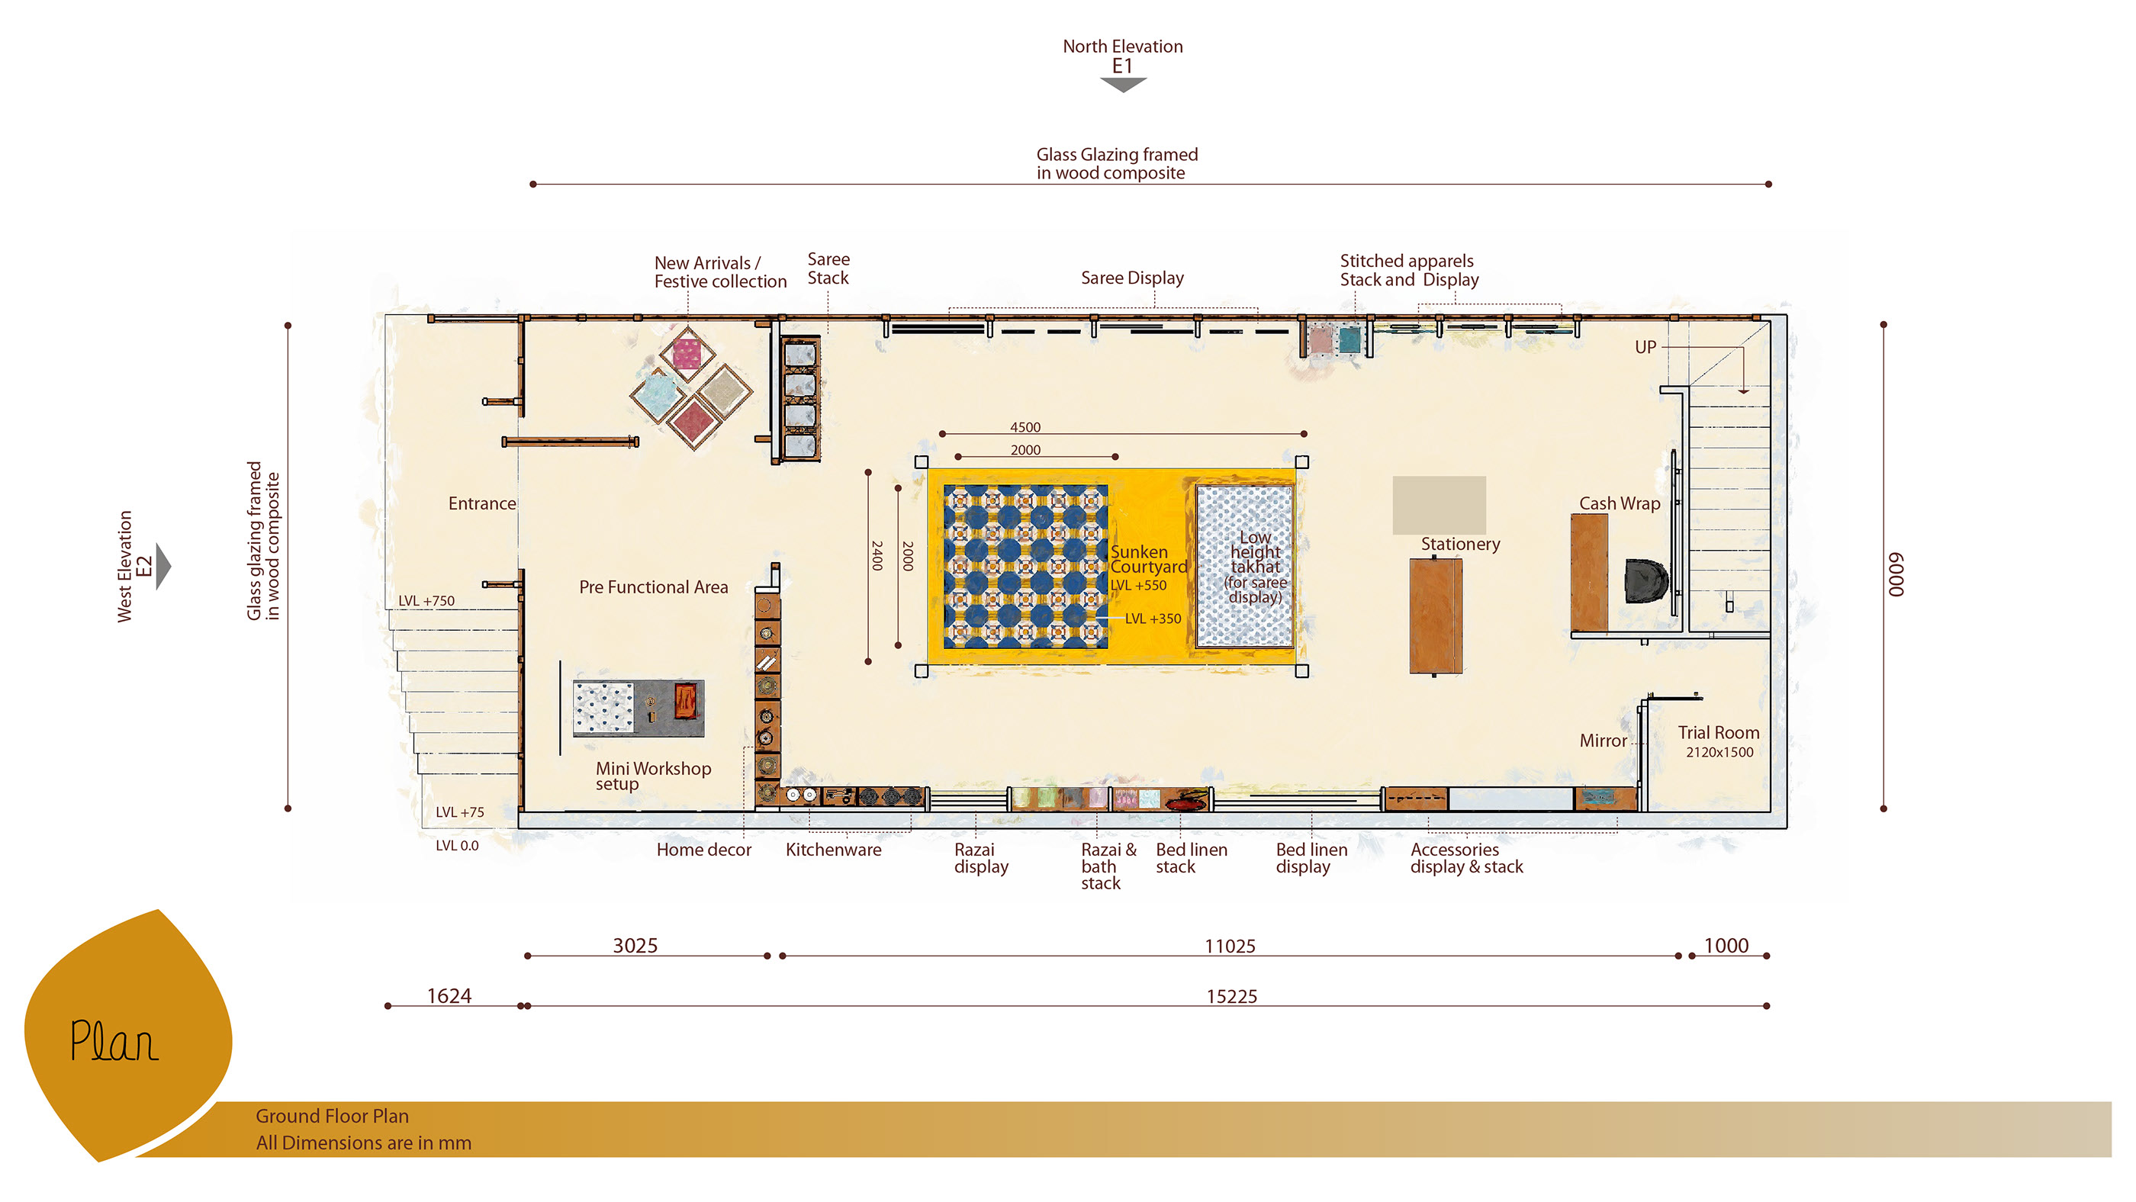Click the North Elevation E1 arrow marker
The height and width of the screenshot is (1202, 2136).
pos(1123,84)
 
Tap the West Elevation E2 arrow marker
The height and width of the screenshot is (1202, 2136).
pos(163,566)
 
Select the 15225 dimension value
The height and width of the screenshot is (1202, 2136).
pos(1231,995)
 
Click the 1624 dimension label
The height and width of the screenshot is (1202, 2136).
pos(449,995)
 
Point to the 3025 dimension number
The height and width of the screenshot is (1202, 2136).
pos(635,945)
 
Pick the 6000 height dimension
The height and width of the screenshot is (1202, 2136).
pos(1896,574)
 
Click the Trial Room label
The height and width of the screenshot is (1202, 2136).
pos(1718,732)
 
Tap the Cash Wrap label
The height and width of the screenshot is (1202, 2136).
pos(1619,503)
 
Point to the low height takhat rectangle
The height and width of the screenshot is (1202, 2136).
pos(1243,566)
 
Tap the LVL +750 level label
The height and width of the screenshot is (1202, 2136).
pos(426,600)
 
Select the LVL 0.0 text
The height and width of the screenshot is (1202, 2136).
pos(457,846)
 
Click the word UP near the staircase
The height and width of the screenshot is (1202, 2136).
pos(1645,346)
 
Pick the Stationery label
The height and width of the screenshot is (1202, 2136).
pos(1460,544)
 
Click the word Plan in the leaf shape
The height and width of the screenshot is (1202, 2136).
pos(114,1042)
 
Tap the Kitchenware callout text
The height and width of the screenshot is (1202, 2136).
pos(833,850)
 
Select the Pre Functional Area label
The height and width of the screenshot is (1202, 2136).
pos(654,587)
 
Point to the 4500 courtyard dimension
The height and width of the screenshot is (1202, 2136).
pos(1025,427)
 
